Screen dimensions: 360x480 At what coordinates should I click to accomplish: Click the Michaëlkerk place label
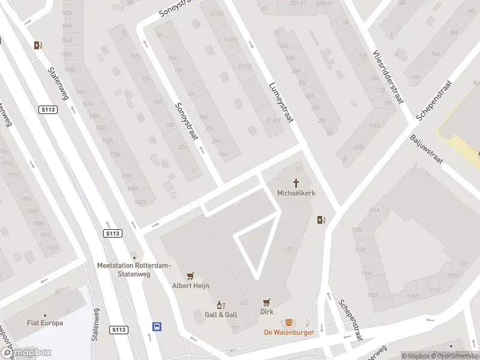coord(296,193)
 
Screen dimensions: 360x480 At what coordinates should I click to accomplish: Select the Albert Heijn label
coord(191,286)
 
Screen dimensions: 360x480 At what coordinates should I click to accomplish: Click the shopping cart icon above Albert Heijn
coord(191,275)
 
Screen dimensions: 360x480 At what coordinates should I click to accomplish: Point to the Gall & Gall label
coord(221,314)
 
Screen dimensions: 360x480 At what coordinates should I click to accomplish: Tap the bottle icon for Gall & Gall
coord(221,304)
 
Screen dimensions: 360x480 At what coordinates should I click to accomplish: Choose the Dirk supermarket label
coord(267,312)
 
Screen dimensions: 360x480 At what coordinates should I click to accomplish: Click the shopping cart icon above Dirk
coord(267,302)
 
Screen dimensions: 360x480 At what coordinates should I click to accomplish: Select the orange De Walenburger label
coord(289,332)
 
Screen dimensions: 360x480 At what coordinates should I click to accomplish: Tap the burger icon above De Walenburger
coord(289,322)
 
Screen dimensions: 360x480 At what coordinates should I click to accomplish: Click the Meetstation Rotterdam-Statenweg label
coord(134,269)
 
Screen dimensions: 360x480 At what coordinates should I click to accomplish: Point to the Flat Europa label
coord(45,323)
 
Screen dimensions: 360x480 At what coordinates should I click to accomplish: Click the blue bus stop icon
coord(157,327)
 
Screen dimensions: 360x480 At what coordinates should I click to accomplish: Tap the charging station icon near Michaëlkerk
coord(321,220)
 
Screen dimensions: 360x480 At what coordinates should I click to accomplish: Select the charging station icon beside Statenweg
coord(38,45)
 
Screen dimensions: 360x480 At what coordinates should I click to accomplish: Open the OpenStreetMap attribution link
coord(454,355)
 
